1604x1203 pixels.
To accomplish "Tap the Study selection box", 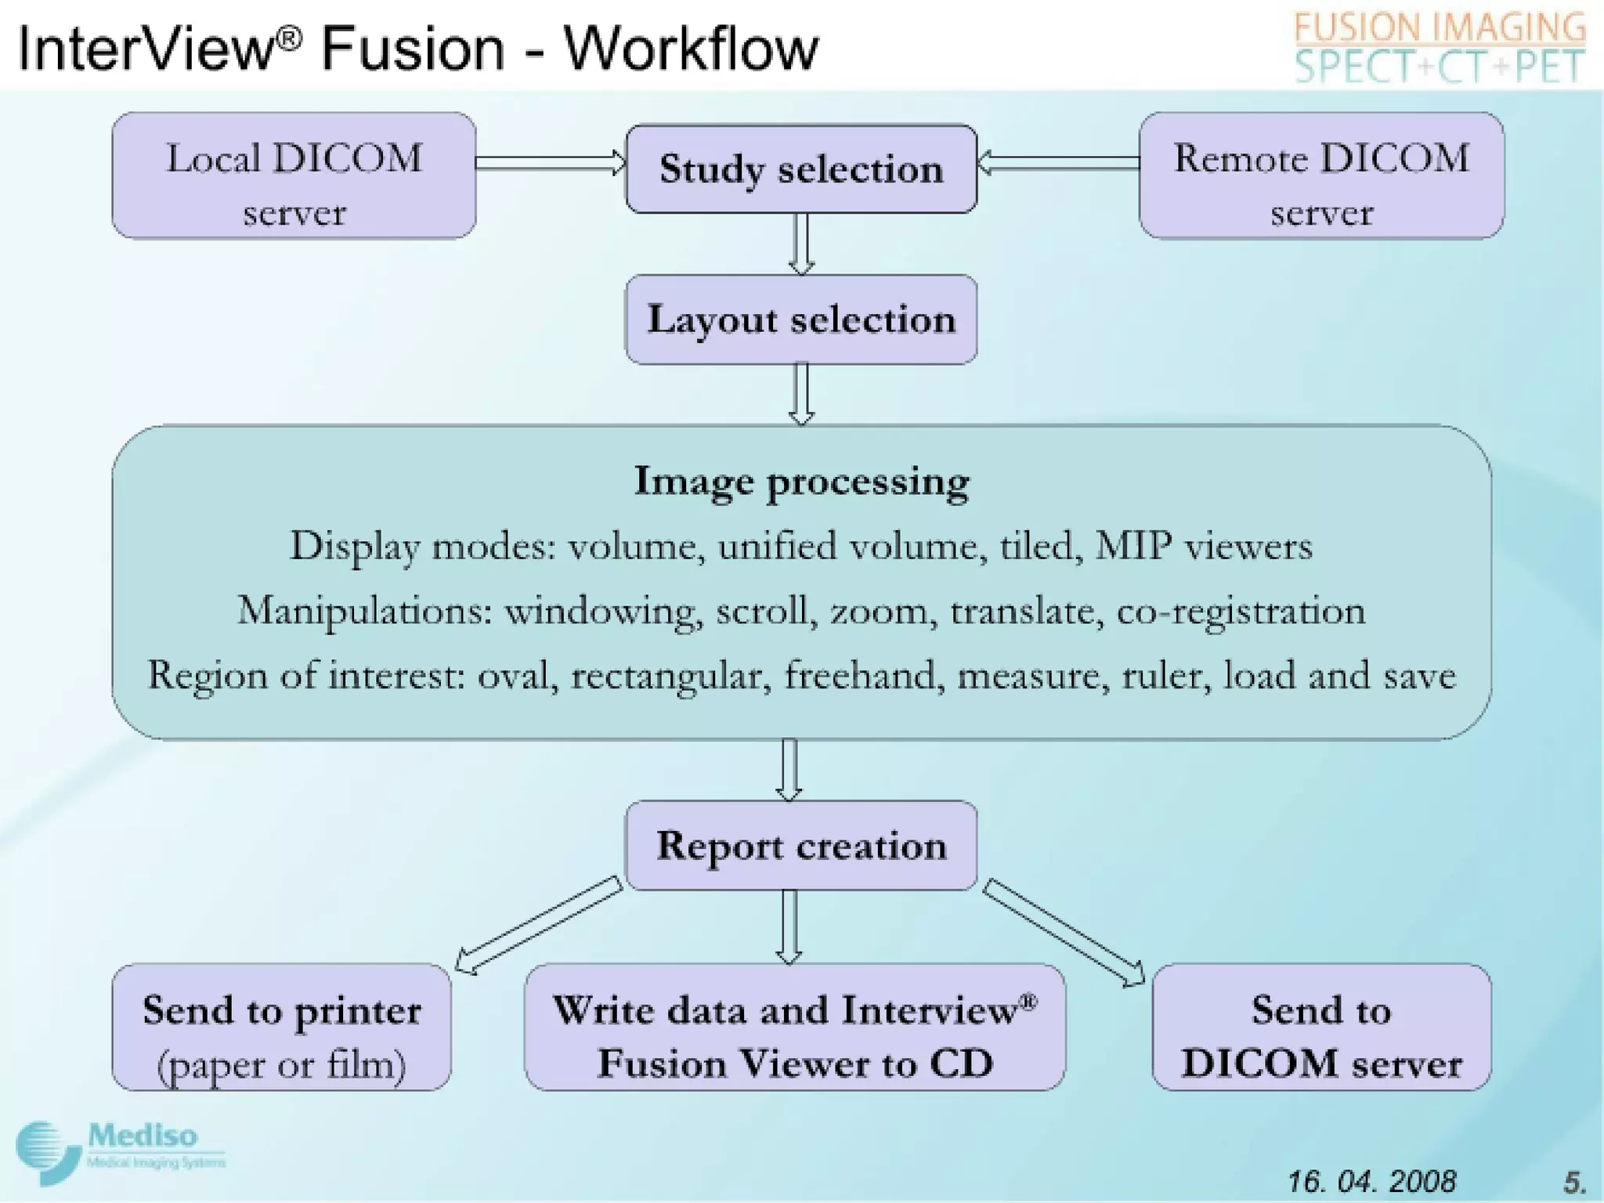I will [801, 169].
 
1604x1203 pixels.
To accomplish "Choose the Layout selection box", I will [801, 320].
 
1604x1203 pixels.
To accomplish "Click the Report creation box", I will [801, 846].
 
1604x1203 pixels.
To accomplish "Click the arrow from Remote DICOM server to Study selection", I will [1058, 163].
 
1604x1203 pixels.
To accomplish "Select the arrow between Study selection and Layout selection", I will [800, 244].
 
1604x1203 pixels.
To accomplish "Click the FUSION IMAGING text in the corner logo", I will [1440, 28].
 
